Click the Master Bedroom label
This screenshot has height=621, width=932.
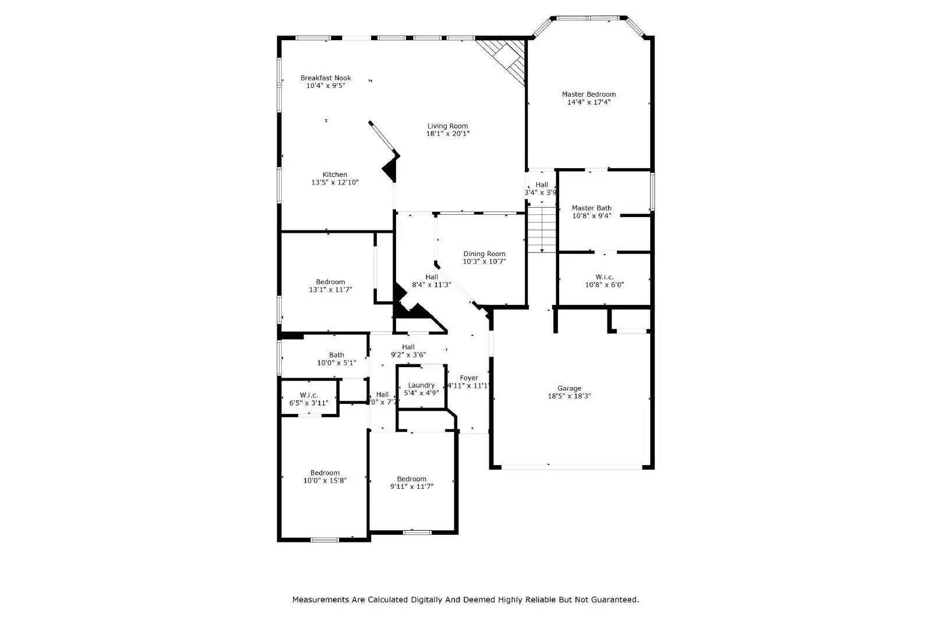point(588,94)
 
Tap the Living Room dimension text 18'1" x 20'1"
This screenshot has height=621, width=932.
point(447,134)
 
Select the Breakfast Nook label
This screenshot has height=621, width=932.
point(326,78)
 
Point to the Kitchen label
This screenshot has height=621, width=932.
point(335,175)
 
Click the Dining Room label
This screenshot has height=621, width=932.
point(484,254)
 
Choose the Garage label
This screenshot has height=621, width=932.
point(569,388)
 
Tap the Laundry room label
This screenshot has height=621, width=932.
point(421,385)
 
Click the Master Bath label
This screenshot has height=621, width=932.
point(591,208)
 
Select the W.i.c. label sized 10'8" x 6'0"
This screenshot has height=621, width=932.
point(604,277)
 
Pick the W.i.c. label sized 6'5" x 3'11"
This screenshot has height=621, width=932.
point(309,395)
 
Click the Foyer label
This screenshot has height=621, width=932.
point(469,378)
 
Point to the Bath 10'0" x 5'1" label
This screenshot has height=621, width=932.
point(336,355)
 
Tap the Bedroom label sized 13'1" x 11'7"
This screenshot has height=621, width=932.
point(330,282)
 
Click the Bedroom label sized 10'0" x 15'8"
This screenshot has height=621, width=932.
point(324,473)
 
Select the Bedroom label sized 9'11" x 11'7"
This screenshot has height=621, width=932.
point(412,479)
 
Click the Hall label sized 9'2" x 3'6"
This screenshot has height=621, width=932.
point(408,347)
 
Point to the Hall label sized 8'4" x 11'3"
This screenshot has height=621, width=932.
point(432,277)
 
